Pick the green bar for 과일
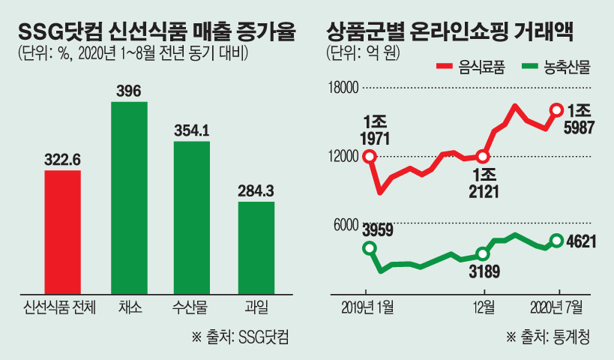coord(256,247)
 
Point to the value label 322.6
coord(62,159)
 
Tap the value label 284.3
coord(256,190)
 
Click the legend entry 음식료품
coord(470,67)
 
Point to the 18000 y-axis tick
coord(343,88)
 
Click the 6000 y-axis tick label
coord(346,223)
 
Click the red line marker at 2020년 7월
coord(556,110)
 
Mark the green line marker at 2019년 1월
coord(369,248)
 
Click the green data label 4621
coord(583,241)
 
